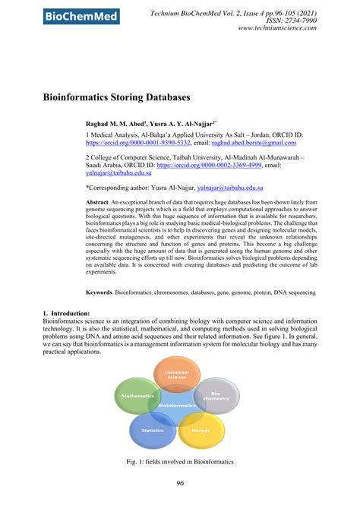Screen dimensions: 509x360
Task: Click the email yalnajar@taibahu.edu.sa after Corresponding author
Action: point(230,187)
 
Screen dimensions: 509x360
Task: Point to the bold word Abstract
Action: point(96,203)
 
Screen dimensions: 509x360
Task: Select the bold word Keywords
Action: point(99,292)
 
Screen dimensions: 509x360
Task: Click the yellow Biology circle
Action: point(201,430)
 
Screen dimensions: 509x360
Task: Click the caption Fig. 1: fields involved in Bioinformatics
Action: point(181,462)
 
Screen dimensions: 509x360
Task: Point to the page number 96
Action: point(180,484)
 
